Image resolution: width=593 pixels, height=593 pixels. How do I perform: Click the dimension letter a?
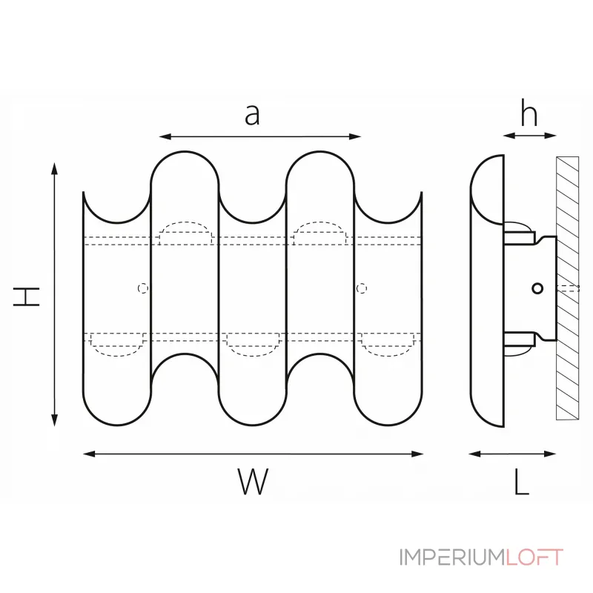coord(253,115)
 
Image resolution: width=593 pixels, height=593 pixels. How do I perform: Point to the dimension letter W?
coord(253,483)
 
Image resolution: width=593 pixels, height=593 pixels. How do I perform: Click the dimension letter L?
coord(522,483)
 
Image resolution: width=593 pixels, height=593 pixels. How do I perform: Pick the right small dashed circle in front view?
coord(362,288)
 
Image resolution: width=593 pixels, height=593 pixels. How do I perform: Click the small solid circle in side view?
coord(538,288)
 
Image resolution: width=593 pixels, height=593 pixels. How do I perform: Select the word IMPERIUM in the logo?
coord(452,557)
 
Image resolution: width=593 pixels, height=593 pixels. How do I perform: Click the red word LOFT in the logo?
coord(534,557)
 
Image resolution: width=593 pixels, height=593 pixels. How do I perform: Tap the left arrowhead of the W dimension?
coord(87,453)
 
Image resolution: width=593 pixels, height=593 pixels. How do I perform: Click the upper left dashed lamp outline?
coord(186,233)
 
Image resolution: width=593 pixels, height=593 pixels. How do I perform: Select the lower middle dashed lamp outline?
coord(253,342)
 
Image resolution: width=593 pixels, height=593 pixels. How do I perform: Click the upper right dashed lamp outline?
coord(319,233)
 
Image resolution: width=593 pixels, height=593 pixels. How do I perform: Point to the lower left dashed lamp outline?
coord(116,344)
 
